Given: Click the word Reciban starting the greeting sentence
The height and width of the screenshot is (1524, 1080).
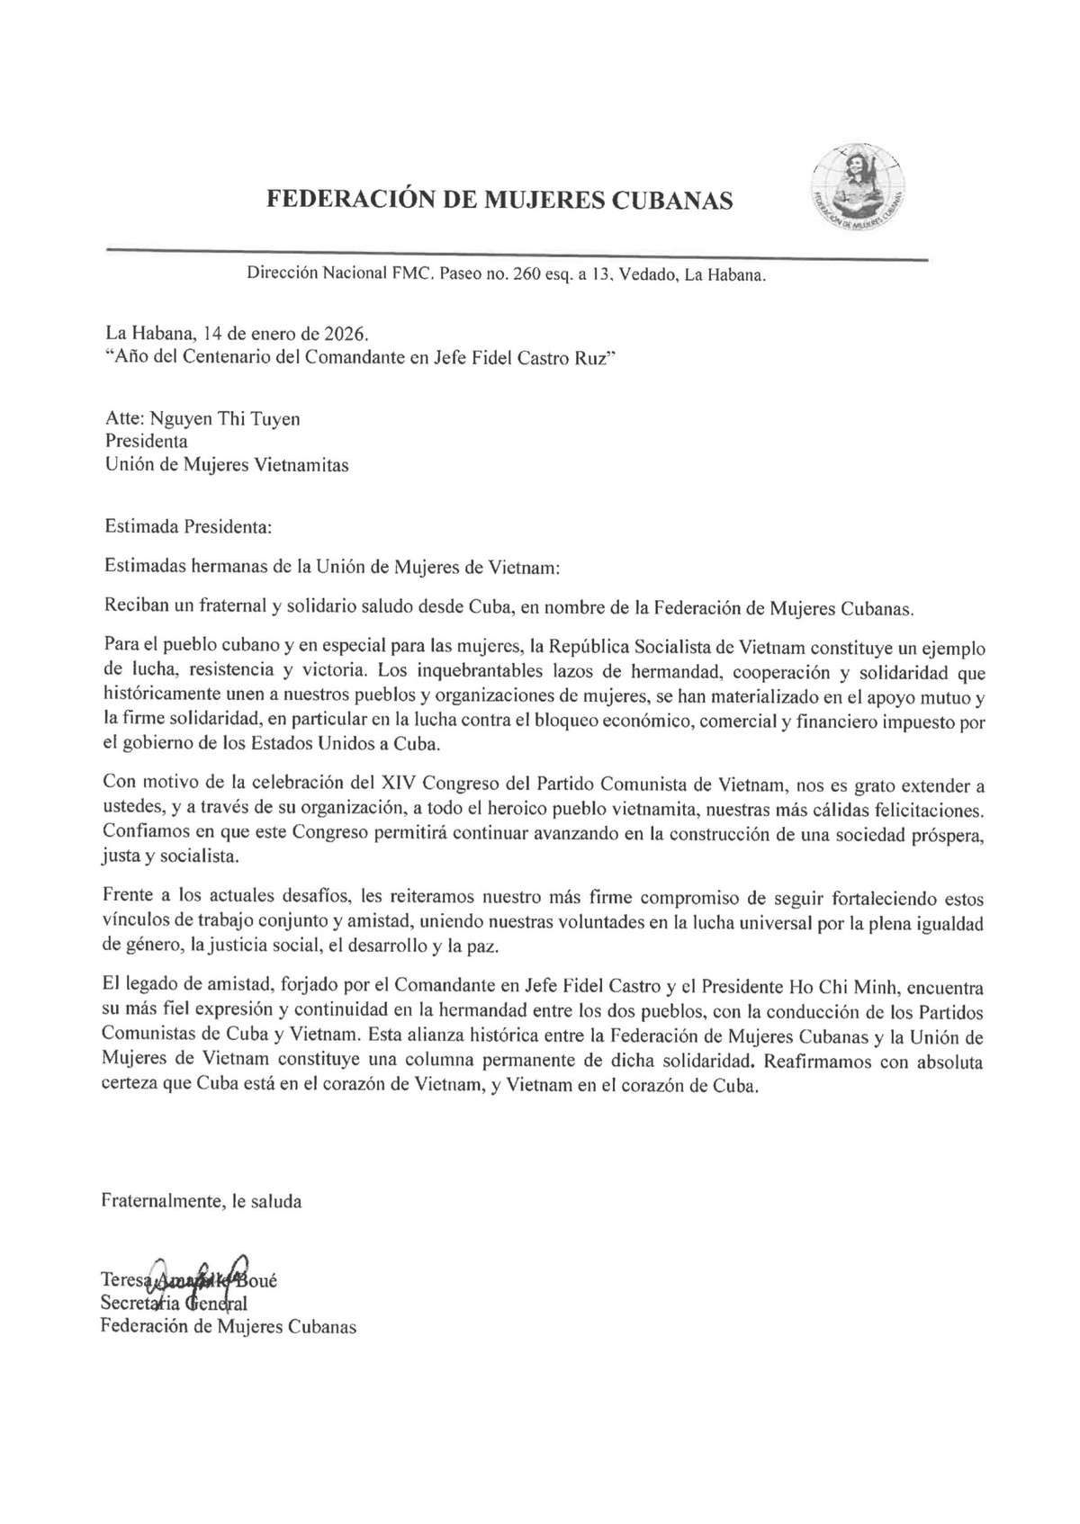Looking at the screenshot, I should click(135, 609).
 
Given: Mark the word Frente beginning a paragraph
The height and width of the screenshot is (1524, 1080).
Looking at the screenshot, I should click(128, 900).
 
